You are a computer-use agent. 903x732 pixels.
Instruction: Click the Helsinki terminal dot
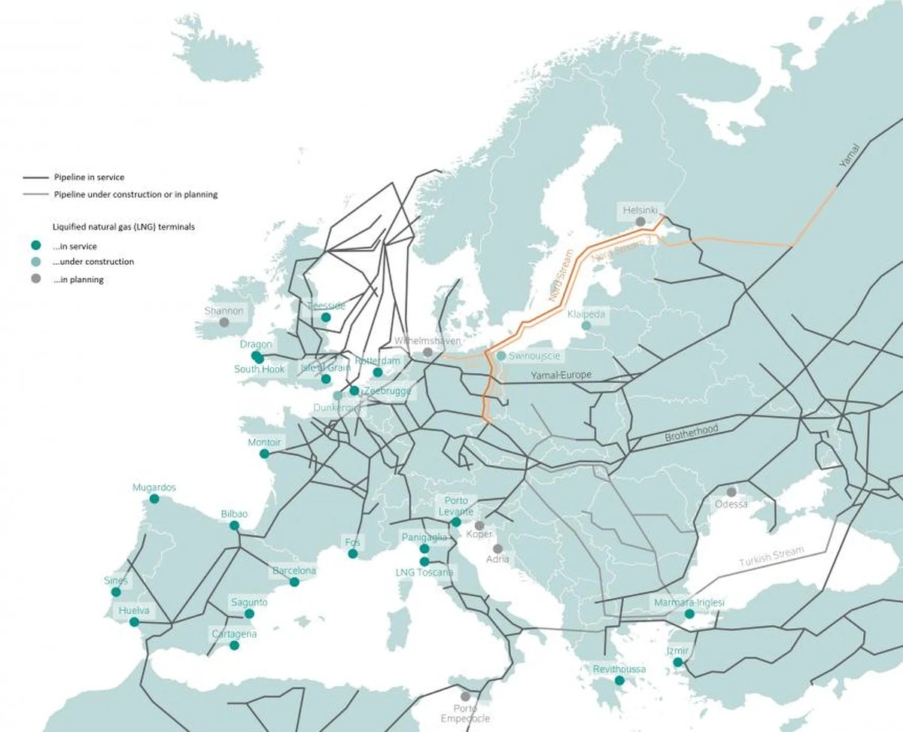click(640, 222)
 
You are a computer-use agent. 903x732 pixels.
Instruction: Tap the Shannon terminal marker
click(224, 323)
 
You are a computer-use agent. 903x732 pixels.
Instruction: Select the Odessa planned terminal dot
click(731, 492)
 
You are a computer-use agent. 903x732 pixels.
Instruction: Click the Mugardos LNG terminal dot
click(154, 499)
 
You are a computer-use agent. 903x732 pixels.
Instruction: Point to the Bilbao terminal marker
click(234, 526)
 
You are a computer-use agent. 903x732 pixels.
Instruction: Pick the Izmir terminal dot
click(678, 663)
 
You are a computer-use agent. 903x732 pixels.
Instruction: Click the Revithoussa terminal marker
click(619, 681)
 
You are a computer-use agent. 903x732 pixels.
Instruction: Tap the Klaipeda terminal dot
click(586, 326)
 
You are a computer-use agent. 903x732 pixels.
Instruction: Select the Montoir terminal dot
click(264, 454)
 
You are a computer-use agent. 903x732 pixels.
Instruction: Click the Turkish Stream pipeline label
click(771, 557)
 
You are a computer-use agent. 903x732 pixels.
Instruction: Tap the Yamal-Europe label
click(561, 375)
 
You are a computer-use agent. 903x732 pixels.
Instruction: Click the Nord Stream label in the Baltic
click(561, 275)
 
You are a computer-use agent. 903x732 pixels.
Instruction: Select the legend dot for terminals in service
click(35, 245)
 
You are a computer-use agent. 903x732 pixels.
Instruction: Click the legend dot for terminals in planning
click(35, 279)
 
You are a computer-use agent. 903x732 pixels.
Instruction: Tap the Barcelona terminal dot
click(294, 582)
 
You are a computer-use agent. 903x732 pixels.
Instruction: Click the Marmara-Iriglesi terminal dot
click(689, 615)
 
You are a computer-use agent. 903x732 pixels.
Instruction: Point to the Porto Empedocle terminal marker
click(466, 697)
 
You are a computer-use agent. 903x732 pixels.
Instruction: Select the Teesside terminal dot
click(326, 317)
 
